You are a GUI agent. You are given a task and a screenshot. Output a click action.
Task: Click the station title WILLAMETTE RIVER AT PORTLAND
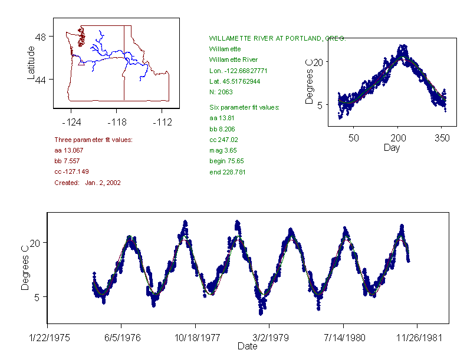[x=277, y=38]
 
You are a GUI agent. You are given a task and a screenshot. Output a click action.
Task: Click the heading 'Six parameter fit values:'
[x=244, y=107]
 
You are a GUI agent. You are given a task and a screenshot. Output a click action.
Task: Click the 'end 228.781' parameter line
[x=228, y=172]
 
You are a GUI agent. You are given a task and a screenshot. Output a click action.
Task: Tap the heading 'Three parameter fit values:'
[x=93, y=140]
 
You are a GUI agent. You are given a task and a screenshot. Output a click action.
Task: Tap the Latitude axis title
[x=31, y=62]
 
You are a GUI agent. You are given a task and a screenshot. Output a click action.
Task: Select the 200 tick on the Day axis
[x=398, y=138]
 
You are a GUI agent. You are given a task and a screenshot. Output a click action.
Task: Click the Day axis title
[x=392, y=147]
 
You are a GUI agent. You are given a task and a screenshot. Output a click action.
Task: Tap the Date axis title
[x=247, y=346]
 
